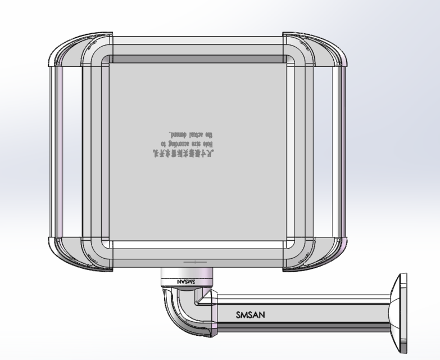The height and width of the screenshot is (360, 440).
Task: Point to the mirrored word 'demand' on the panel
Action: click(x=181, y=134)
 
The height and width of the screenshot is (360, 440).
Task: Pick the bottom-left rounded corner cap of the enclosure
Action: click(x=70, y=255)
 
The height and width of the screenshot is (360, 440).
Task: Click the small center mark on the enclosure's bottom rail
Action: click(x=192, y=262)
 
